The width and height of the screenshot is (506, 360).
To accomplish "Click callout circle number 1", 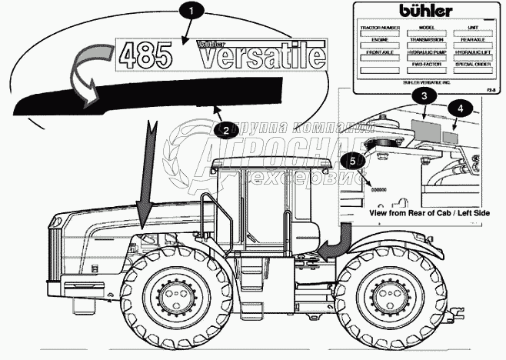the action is [x=192, y=12].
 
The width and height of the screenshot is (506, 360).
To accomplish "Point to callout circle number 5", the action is [x=353, y=161].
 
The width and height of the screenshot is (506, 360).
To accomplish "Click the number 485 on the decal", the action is [x=151, y=55].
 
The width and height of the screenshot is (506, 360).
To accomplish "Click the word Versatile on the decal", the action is [x=251, y=55].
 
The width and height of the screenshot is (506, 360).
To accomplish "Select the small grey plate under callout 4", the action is [x=454, y=131].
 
